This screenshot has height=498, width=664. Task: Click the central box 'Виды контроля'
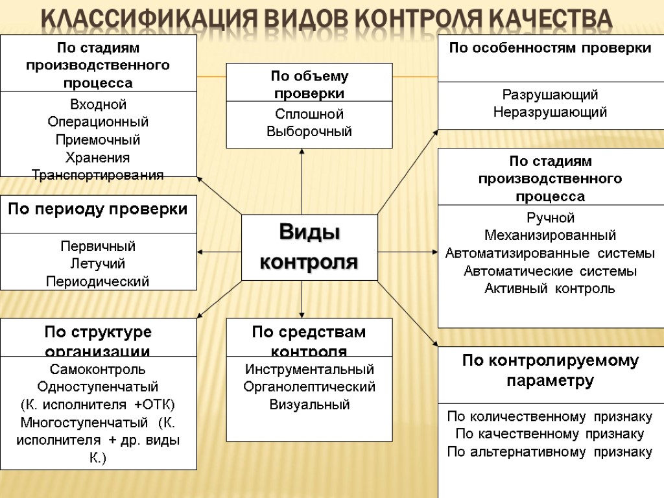pyautogui.click(x=309, y=247)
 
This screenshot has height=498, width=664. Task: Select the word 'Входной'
pyautogui.click(x=98, y=104)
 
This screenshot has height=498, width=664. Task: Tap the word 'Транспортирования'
pyautogui.click(x=98, y=174)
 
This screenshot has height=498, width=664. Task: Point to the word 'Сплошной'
pyautogui.click(x=309, y=114)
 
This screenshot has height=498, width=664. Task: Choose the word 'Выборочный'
pyautogui.click(x=309, y=132)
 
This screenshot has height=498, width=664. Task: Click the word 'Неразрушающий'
pyautogui.click(x=550, y=112)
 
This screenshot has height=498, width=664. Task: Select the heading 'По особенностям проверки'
pyautogui.click(x=550, y=48)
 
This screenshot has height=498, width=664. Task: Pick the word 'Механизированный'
pyautogui.click(x=550, y=235)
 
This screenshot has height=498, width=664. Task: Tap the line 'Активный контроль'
pyautogui.click(x=550, y=288)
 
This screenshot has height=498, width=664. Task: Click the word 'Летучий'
pyautogui.click(x=98, y=264)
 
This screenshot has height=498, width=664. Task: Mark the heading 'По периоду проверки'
pyautogui.click(x=98, y=209)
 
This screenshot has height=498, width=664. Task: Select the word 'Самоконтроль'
pyautogui.click(x=98, y=370)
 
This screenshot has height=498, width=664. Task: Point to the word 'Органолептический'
pyautogui.click(x=309, y=387)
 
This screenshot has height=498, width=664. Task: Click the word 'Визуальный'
pyautogui.click(x=309, y=405)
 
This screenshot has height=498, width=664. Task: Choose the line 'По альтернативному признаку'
pyautogui.click(x=550, y=452)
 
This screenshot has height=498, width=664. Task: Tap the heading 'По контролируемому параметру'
pyautogui.click(x=550, y=370)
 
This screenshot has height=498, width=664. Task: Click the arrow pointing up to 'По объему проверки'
pyautogui.click(x=302, y=182)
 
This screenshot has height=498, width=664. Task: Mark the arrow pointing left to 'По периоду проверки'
pyautogui.click(x=219, y=252)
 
